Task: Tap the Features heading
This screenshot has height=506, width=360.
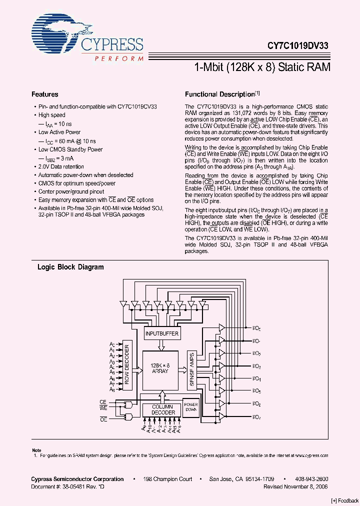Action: tap(45, 94)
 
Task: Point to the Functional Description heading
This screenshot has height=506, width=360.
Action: tap(220, 94)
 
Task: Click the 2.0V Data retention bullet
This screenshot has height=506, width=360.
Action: tap(61, 166)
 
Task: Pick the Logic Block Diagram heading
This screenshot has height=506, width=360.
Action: tap(71, 267)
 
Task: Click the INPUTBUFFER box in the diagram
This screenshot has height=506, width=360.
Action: tap(161, 333)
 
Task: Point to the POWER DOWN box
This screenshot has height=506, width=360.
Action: tap(190, 407)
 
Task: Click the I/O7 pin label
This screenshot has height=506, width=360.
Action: tap(256, 416)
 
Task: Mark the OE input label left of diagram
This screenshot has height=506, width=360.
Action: tap(103, 420)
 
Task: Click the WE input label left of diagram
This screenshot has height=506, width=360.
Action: tap(103, 408)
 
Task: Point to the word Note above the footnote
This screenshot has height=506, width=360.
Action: tap(36, 450)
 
